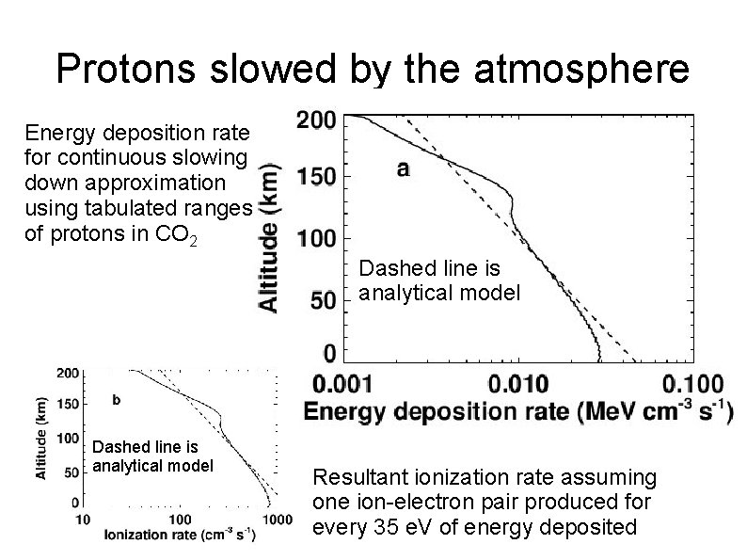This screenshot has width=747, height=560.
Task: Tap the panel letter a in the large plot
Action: pos(403,169)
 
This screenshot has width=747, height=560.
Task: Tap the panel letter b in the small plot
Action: pos(116,399)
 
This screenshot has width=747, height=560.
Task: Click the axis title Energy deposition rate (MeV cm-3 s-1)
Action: pos(517,412)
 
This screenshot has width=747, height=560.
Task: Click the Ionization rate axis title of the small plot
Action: pos(179,536)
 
